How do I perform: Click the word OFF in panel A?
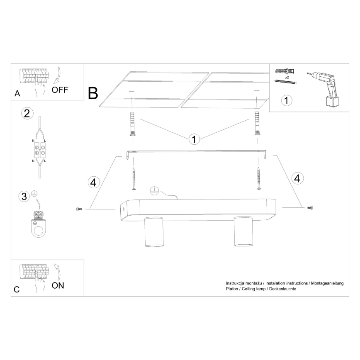60,90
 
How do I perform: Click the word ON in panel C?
58,286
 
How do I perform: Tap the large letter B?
93,93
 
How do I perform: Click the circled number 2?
27,113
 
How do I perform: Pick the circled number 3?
24,197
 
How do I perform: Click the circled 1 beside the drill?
287,100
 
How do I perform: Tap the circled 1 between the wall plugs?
194,139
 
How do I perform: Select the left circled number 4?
94,182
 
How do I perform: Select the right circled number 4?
297,178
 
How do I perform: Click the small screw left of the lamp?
79,209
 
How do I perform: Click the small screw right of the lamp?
310,208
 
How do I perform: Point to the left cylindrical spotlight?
154,232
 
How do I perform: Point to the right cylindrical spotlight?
243,231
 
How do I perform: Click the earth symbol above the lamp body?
155,191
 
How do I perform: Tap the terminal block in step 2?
39,150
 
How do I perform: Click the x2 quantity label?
287,78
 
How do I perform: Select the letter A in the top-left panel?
17,94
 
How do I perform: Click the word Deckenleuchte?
282,289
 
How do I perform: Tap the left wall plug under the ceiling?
132,124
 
